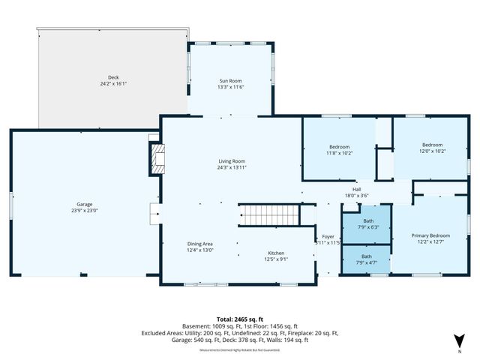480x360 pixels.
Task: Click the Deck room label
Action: pos(113,76)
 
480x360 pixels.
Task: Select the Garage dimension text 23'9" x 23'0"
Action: pos(84,211)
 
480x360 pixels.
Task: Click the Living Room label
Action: pos(231,161)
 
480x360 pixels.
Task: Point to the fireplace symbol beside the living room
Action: pos(157,159)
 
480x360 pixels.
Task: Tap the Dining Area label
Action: pos(199,244)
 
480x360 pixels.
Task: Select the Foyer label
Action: pos(328,236)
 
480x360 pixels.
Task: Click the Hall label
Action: pos(357,189)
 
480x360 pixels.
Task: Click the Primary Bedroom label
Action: pos(430,235)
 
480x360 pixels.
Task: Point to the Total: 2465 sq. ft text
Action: pos(240,319)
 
